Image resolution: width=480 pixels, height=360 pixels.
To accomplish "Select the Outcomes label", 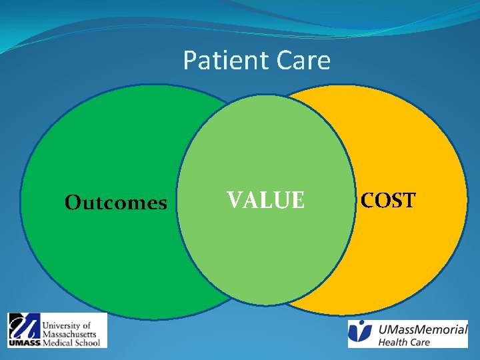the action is [115, 203].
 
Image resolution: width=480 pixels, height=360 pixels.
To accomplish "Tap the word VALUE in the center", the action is [265, 200].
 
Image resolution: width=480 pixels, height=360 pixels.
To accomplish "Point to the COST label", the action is [388, 200].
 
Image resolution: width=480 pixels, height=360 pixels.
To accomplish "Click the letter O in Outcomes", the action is [72, 203].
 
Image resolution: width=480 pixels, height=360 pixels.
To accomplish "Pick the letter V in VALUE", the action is [235, 200].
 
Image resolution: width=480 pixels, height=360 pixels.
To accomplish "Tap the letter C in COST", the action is [368, 200].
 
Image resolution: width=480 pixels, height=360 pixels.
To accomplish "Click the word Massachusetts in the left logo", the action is [69, 333].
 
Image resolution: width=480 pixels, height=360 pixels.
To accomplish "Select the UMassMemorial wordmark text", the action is [423, 329].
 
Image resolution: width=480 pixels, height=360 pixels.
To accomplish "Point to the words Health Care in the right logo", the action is [404, 343].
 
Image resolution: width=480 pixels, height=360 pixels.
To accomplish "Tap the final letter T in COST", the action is [409, 200].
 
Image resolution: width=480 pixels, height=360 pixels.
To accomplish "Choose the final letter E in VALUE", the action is [297, 200].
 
